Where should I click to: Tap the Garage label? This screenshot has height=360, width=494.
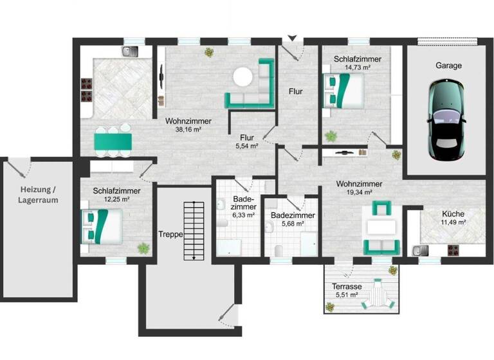click(x=448, y=66)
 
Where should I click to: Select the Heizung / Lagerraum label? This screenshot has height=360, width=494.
click(x=38, y=194)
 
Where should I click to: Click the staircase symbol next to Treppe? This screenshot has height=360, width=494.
click(x=189, y=231)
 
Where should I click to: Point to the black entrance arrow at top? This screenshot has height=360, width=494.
click(x=293, y=39)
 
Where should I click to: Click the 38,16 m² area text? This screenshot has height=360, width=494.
click(x=188, y=129)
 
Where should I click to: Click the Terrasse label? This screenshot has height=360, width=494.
click(x=348, y=287)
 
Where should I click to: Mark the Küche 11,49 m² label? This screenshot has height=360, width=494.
click(x=453, y=218)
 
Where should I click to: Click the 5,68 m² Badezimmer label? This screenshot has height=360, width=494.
click(x=292, y=220)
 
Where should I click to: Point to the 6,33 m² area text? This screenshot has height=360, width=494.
click(x=243, y=215)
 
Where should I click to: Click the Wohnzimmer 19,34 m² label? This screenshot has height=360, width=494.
click(x=359, y=188)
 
